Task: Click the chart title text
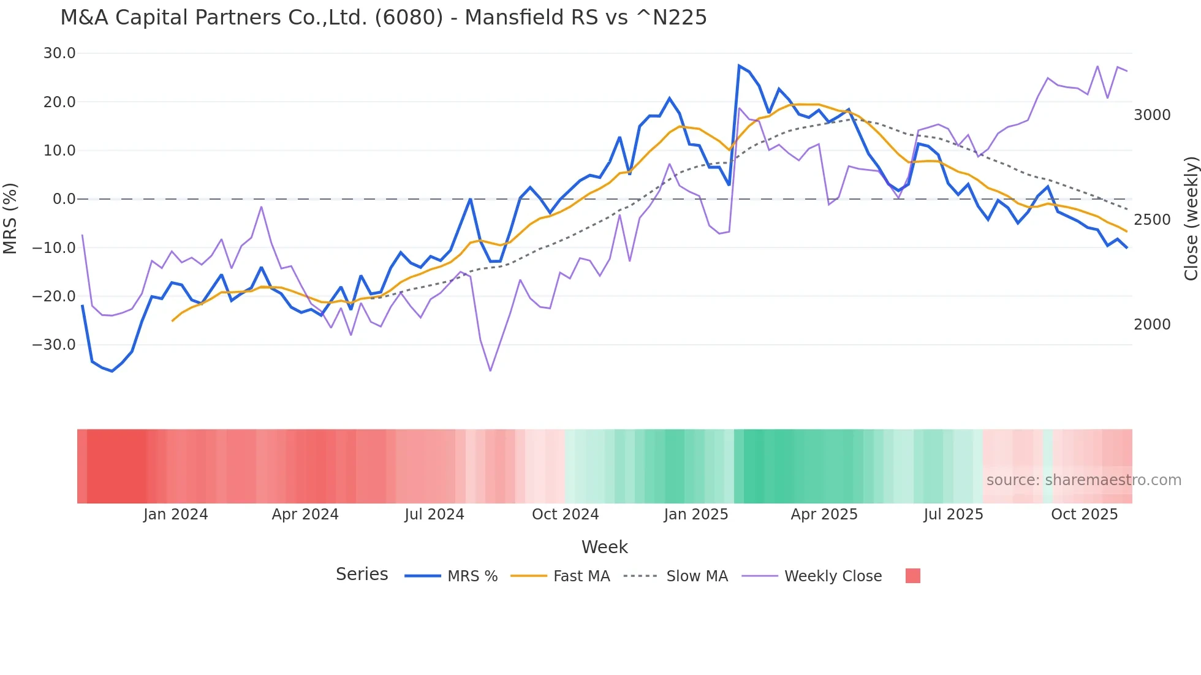[384, 18]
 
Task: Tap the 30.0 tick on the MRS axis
[59, 53]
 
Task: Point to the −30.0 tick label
[54, 344]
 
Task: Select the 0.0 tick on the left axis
[64, 199]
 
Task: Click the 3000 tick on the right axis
[1152, 115]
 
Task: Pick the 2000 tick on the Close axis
[1152, 325]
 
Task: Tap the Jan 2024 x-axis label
[176, 515]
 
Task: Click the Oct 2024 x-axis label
[565, 515]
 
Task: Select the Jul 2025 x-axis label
[953, 515]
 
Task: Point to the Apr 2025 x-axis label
[824, 515]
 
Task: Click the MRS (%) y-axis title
[10, 218]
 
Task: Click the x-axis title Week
[604, 547]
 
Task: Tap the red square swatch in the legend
[912, 576]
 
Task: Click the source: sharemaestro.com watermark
[1083, 480]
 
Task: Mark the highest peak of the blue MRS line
[739, 66]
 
